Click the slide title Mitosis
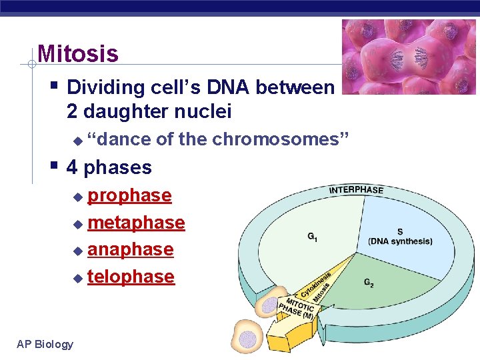78,54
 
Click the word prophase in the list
130,195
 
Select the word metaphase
136,223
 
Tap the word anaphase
131,249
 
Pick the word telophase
131,277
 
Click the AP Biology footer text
45,344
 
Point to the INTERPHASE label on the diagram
356,189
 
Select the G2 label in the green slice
369,283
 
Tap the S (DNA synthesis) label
400,237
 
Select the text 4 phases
109,167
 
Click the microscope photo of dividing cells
409,57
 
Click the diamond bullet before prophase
79,197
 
